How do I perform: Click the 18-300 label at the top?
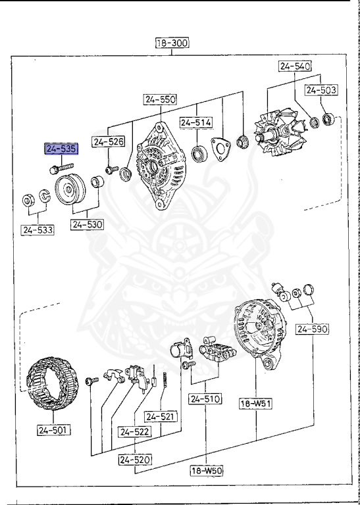pyautogui.click(x=172, y=44)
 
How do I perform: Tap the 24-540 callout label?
pyautogui.click(x=295, y=66)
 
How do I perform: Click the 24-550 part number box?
pyautogui.click(x=161, y=100)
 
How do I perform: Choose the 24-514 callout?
pyautogui.click(x=196, y=122)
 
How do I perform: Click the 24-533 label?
pyautogui.click(x=38, y=230)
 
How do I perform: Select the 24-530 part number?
pyautogui.click(x=88, y=225)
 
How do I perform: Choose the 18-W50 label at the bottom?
pyautogui.click(x=207, y=471)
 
